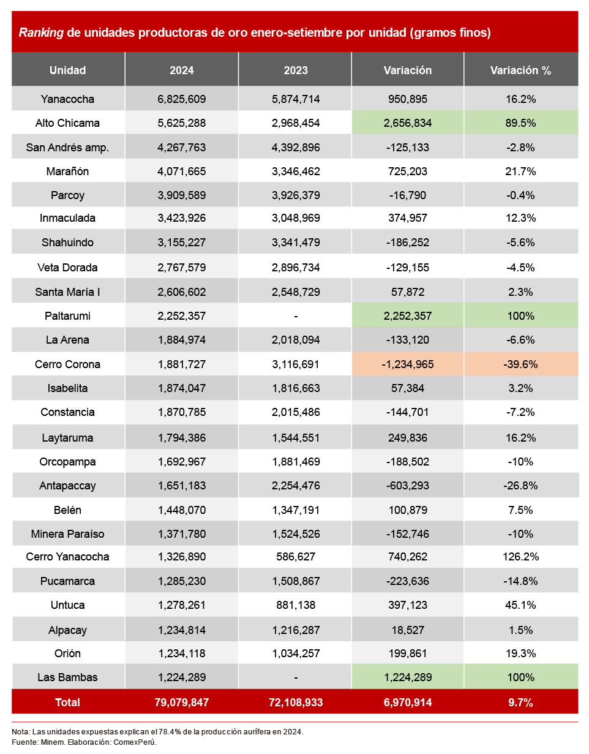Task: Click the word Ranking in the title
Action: [x=41, y=32]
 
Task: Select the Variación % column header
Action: [x=520, y=70]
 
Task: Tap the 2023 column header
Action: [x=295, y=70]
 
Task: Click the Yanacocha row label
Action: [x=67, y=99]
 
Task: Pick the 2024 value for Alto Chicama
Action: [x=182, y=123]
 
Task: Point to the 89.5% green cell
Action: [x=520, y=123]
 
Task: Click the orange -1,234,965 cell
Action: [x=407, y=364]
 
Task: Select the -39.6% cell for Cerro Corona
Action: [x=520, y=364]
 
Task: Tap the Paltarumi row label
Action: [x=67, y=316]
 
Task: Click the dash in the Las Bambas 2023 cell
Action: [x=295, y=677]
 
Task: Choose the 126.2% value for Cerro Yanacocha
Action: [x=520, y=557]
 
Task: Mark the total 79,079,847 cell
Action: [x=182, y=703]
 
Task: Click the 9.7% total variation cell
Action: [x=520, y=703]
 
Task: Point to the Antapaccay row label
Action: [x=67, y=486]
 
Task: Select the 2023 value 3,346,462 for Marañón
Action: [x=295, y=172]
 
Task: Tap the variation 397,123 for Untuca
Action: [x=407, y=605]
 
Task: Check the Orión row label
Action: [x=67, y=654]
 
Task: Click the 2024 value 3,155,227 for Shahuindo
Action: [x=182, y=243]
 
